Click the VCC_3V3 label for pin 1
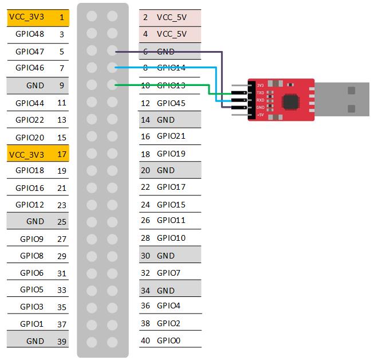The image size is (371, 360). (x=26, y=17)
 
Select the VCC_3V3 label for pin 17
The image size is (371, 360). (x=26, y=154)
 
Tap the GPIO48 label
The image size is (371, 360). (x=30, y=34)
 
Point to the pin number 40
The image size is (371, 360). (x=145, y=340)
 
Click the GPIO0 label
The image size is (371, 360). (x=168, y=340)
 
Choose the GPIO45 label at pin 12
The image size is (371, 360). (x=171, y=103)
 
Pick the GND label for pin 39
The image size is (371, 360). (x=35, y=341)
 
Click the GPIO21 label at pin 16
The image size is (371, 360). (x=171, y=136)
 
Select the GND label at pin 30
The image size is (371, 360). (x=165, y=255)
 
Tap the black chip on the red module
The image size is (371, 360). (x=291, y=101)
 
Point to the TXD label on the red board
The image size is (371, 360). (x=261, y=92)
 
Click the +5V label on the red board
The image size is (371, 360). (x=261, y=115)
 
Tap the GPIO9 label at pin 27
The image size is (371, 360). (x=31, y=238)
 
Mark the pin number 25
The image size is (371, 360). (x=61, y=221)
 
